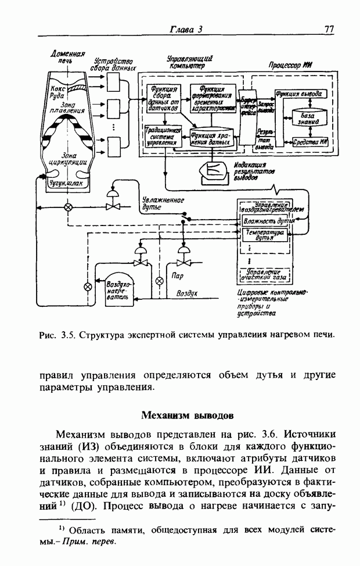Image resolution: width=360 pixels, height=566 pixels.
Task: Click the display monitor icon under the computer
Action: [213, 170]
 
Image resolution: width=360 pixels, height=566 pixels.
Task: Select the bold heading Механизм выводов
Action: [187, 416]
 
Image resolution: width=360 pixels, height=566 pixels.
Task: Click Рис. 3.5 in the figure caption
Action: [57, 335]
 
